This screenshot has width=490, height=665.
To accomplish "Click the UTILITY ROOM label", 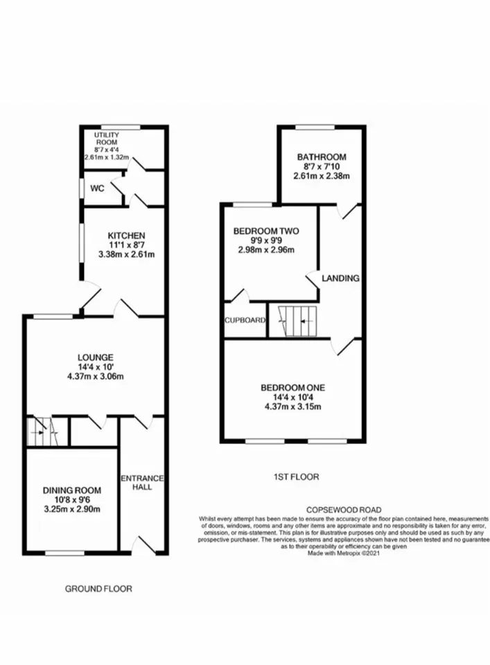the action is (x=107, y=139).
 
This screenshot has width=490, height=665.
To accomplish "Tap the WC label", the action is (x=97, y=188).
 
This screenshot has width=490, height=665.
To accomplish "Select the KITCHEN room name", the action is (x=126, y=236).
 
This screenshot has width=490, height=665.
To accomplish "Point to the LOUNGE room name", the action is (x=96, y=357).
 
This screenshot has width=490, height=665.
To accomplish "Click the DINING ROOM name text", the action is (x=72, y=490).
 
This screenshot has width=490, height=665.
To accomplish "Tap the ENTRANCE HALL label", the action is (x=142, y=483).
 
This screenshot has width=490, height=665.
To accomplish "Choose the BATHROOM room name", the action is (x=322, y=157).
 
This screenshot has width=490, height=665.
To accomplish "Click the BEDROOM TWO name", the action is (x=266, y=231).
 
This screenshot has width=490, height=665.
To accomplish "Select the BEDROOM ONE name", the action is (x=292, y=388).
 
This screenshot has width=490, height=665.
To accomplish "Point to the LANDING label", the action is (x=341, y=278).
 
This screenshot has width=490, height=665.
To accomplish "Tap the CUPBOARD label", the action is (x=245, y=321).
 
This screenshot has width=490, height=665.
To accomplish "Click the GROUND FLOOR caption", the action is (x=98, y=589).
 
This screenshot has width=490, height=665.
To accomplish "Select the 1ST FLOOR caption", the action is (x=297, y=477).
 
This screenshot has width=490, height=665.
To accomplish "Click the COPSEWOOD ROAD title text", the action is (x=344, y=510).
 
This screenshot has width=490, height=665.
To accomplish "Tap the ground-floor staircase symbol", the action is (x=42, y=432).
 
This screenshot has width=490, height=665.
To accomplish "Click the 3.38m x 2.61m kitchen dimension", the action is (x=126, y=254).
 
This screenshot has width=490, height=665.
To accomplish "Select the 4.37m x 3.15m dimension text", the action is (x=292, y=407).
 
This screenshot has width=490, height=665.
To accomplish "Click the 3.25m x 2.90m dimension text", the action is (x=72, y=509).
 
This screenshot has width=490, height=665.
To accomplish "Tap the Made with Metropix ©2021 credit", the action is (x=344, y=553).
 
